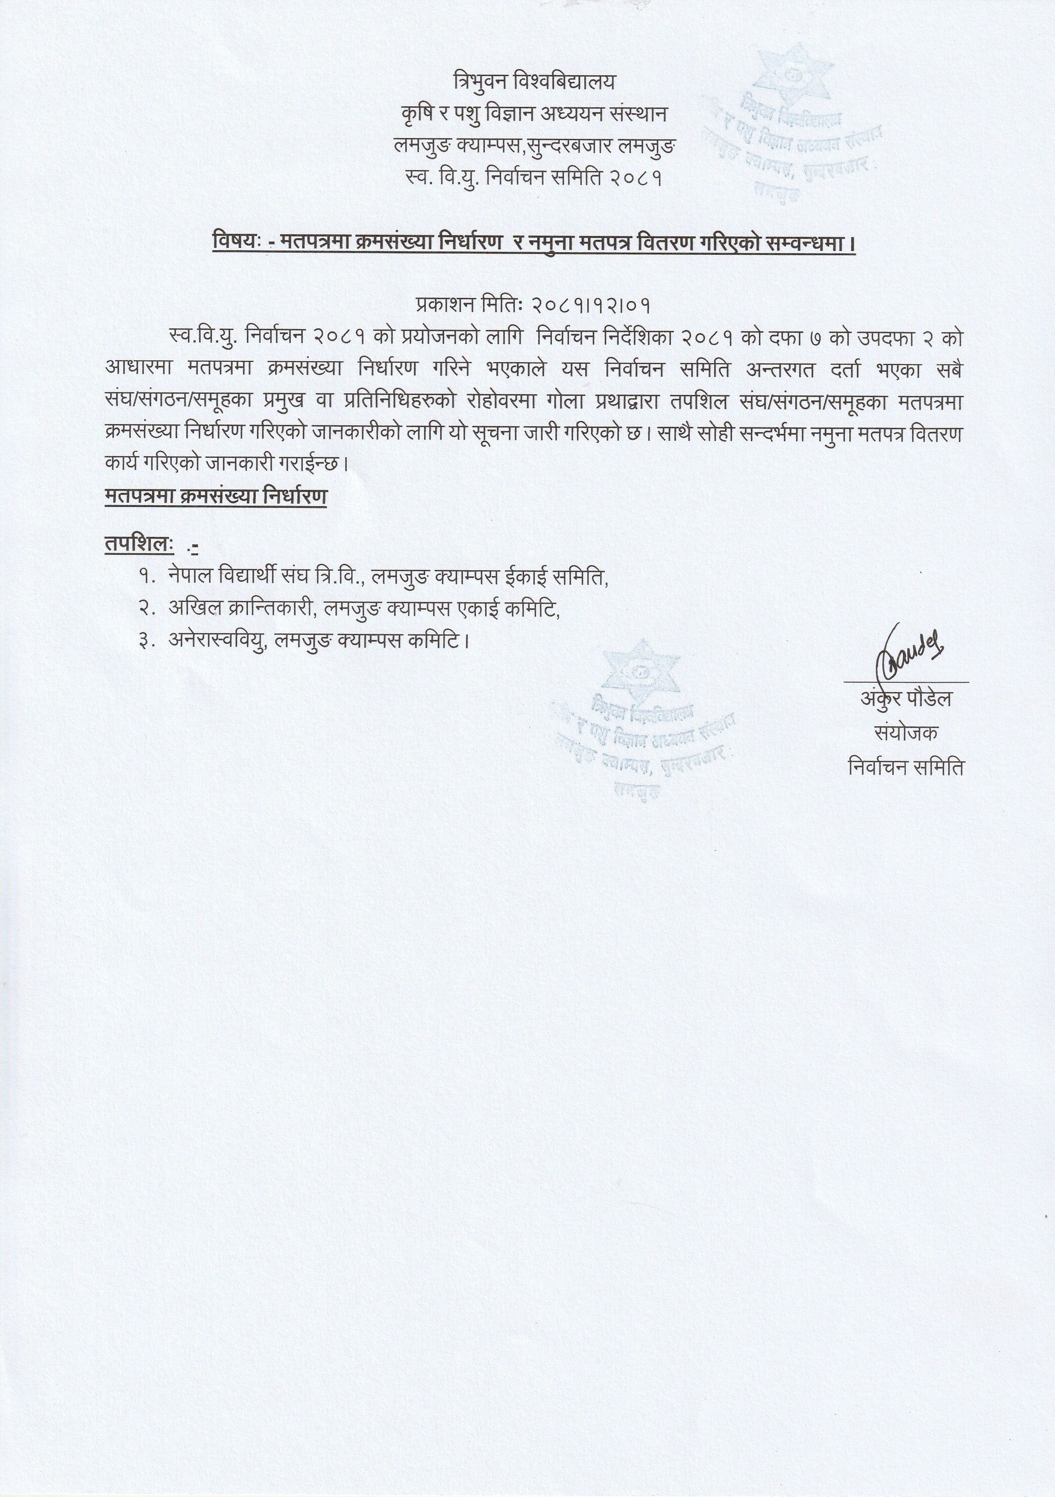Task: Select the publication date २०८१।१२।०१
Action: (x=591, y=305)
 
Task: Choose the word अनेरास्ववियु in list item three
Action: (x=217, y=641)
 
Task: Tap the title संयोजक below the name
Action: (x=906, y=733)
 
